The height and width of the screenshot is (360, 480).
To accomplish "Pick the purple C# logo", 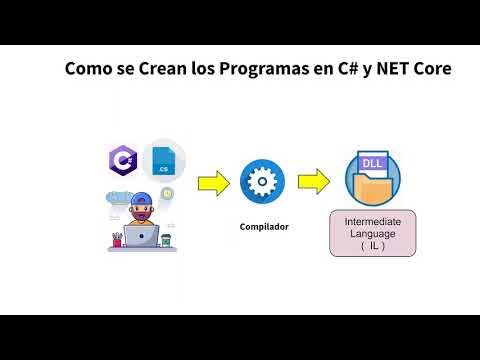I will pyautogui.click(x=123, y=159).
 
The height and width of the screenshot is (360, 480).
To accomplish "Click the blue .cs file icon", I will pyautogui.click(x=162, y=162).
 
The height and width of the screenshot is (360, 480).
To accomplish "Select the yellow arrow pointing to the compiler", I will pyautogui.click(x=213, y=184).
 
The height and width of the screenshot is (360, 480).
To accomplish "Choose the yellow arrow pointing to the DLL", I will pyautogui.click(x=314, y=182).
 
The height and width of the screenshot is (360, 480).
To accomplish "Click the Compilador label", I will pyautogui.click(x=264, y=227).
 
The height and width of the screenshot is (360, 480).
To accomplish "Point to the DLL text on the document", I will pyautogui.click(x=368, y=160).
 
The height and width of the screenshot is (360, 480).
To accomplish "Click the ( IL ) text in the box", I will pyautogui.click(x=374, y=245).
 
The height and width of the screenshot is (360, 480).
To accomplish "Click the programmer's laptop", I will pyautogui.click(x=140, y=237).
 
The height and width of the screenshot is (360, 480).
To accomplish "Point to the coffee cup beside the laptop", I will pyautogui.click(x=166, y=240).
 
